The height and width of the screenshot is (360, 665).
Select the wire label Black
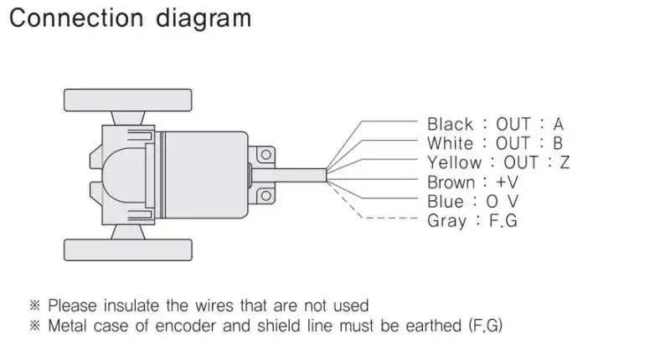pyautogui.click(x=451, y=124)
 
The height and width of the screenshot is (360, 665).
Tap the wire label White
pyautogui.click(x=451, y=143)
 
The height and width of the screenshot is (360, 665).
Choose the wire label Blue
pyautogui.click(x=446, y=201)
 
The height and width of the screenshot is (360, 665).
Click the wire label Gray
pyautogui.click(x=446, y=221)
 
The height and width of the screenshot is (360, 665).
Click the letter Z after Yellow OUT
pyautogui.click(x=564, y=162)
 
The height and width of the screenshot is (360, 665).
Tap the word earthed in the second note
pyautogui.click(x=428, y=325)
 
